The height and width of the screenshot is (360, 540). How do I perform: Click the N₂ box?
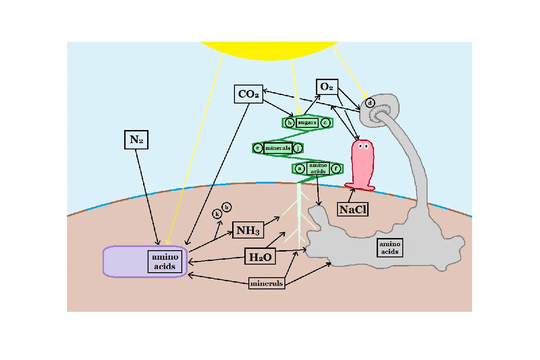point(136,139)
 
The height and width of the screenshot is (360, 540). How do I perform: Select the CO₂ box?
point(248,94)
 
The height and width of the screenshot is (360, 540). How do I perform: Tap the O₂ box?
point(327,87)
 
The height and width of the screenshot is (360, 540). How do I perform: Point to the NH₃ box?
point(248,230)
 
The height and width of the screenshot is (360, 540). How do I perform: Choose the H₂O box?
point(260,256)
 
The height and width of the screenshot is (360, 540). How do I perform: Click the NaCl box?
point(353,209)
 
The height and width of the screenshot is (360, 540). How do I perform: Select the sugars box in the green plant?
point(307,122)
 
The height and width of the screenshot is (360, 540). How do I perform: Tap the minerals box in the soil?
point(266,283)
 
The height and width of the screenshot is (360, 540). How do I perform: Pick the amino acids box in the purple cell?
point(165,261)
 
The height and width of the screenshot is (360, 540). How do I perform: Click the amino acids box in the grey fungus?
point(390,247)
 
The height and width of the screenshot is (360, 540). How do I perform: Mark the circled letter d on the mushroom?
point(370,103)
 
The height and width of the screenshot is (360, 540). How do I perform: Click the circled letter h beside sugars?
point(290,123)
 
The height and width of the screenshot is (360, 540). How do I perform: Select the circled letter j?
point(298,148)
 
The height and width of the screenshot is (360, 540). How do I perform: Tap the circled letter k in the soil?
point(217,214)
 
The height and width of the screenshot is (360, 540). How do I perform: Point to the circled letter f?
point(336,169)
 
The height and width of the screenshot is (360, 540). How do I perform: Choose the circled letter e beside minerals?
point(258,148)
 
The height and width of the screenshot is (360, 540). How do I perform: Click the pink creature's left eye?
point(361,146)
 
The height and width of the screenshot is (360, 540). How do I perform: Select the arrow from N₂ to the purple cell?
point(147,197)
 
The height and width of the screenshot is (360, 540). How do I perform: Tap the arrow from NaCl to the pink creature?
point(351,195)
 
